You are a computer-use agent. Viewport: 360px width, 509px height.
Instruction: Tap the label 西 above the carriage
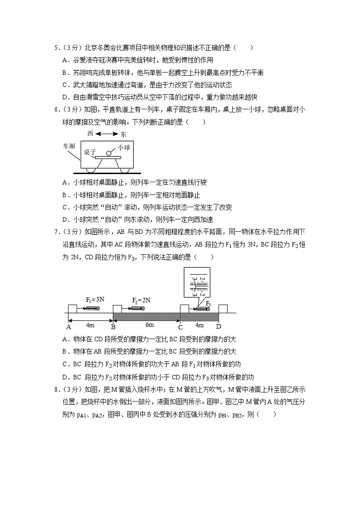point(90,134)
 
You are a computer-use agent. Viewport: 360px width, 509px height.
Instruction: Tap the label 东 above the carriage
point(124,134)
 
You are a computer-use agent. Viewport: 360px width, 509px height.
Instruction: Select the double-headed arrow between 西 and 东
point(107,134)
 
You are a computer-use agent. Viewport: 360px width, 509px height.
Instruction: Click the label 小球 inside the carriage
point(124,148)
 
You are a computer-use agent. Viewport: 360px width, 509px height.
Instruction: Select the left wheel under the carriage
point(92,170)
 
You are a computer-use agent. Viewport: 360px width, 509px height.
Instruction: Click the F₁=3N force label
point(95,300)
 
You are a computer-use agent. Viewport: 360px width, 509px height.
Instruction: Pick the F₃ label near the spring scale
point(208,303)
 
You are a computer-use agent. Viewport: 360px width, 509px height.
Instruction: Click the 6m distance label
point(149,325)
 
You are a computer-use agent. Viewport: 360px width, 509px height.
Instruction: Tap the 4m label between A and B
point(90,325)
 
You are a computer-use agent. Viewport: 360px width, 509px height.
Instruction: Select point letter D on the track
point(218,327)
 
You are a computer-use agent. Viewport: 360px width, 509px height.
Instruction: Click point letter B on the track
point(113,327)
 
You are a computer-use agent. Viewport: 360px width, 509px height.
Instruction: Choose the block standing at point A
point(73,309)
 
